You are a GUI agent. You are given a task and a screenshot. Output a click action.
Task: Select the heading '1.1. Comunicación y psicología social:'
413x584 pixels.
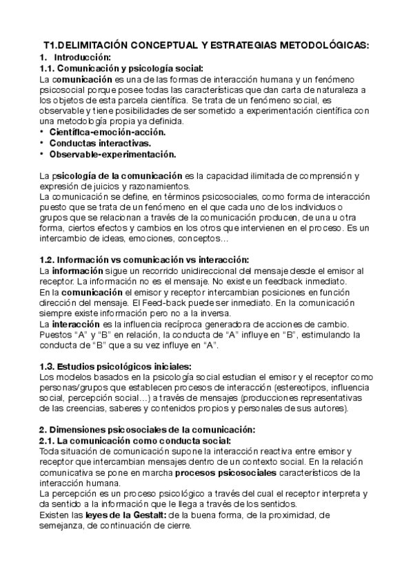tap(121, 68)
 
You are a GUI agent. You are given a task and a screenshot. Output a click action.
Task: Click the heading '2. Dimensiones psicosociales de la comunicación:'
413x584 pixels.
tap(146, 429)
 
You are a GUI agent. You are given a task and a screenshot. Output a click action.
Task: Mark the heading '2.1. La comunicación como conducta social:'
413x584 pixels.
tap(134, 440)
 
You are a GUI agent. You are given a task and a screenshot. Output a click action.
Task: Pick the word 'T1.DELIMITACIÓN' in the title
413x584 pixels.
tap(87, 45)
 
